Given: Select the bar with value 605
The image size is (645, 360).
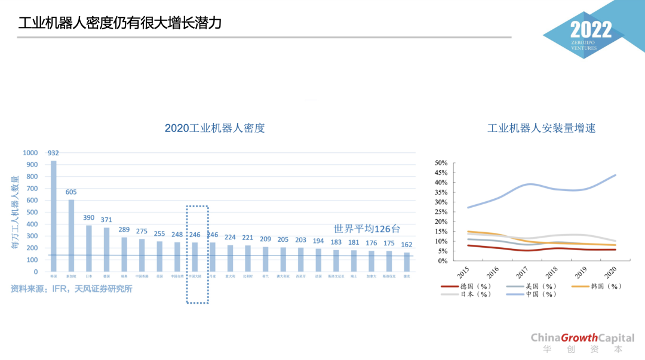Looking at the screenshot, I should pos(71,236).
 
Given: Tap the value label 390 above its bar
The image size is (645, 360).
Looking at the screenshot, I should pos(89,218).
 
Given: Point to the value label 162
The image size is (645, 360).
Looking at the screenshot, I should pos(407,245).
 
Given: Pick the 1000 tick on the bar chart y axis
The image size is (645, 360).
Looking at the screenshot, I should pos(30,153).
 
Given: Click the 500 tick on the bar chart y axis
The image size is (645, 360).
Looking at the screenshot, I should pos(32,213).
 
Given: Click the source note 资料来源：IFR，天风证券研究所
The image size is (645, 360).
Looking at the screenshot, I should pos(71,289).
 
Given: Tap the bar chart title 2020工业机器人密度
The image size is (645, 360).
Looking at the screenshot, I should pos(214,128).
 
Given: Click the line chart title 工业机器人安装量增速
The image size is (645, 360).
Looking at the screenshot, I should pos(541,128).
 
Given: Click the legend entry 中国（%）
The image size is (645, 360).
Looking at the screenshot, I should pos(532,294).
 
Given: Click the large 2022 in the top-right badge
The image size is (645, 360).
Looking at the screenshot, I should pos(591,30).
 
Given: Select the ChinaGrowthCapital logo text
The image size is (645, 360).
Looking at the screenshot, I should pos(582,338).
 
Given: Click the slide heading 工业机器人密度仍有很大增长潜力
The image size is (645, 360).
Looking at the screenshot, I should pos(120,23).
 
